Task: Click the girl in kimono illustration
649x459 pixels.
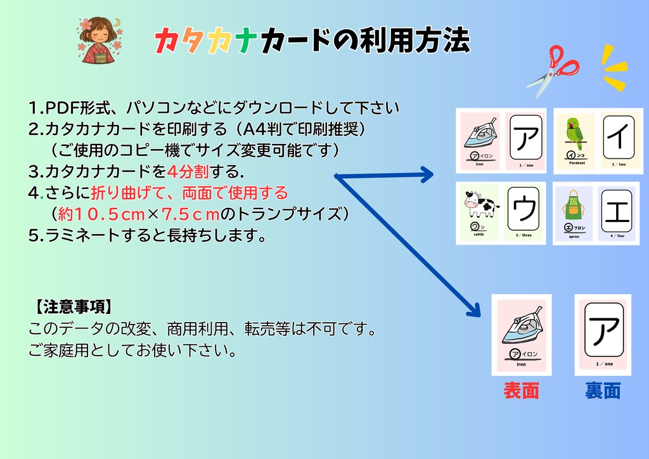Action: (99, 39)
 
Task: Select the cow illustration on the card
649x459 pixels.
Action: (480, 205)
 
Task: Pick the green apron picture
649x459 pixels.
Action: (573, 205)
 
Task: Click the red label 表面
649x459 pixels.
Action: (521, 391)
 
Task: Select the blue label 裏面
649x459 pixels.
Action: (602, 391)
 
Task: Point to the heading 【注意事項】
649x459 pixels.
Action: (74, 308)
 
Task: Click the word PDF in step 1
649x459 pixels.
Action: (61, 108)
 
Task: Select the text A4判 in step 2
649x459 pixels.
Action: (252, 129)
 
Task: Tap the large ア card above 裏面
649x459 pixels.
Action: (603, 329)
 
